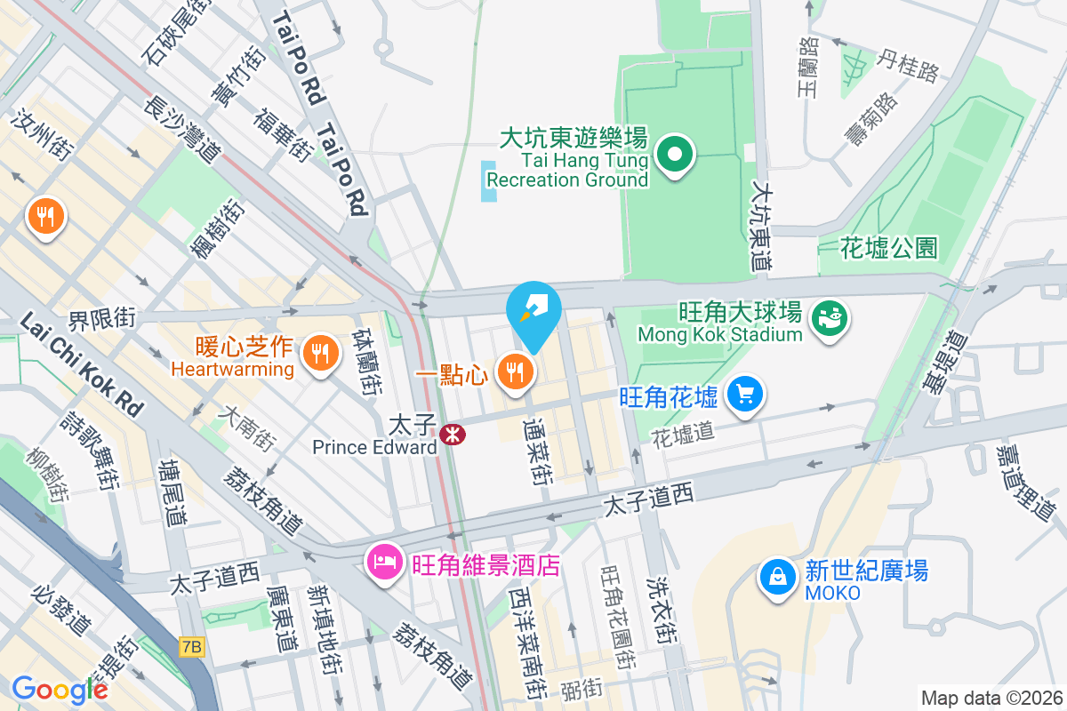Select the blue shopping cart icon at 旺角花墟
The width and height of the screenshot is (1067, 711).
click(745, 394)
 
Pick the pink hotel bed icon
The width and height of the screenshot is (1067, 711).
click(384, 562)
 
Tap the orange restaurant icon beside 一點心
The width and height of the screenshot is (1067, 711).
click(514, 372)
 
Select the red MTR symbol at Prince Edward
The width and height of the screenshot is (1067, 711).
click(452, 435)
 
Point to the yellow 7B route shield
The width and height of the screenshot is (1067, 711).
click(191, 647)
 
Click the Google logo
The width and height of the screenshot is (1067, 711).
click(60, 690)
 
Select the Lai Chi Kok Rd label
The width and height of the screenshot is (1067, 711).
click(79, 364)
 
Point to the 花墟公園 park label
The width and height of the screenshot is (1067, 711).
click(888, 248)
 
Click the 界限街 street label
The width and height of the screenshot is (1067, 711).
click(103, 316)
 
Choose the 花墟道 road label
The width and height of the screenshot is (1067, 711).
click(683, 435)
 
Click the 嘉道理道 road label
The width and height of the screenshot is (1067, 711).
click(1023, 484)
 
